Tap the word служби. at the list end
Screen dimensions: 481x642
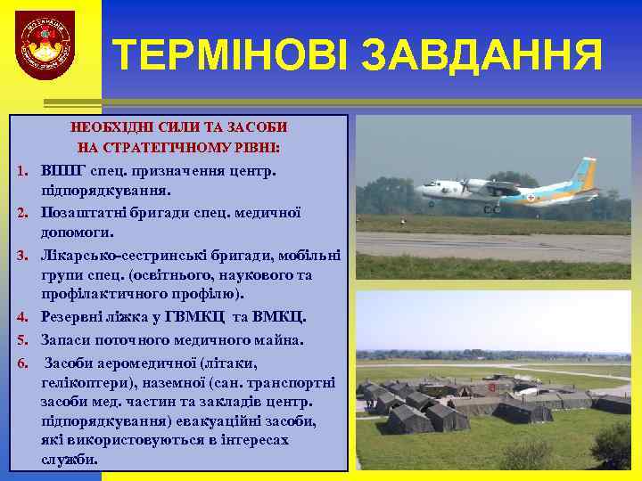point(69,459)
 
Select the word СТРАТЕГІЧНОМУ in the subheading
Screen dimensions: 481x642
point(176,145)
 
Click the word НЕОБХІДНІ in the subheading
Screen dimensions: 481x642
point(110,127)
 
